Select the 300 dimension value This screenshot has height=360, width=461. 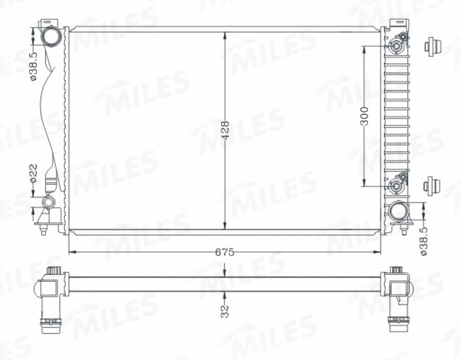click(365, 115)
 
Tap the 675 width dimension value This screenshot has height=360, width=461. click(225, 252)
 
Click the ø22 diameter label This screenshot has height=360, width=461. click(34, 172)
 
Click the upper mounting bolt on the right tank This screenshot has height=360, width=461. click(396, 46)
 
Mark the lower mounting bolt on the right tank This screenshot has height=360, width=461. click(396, 187)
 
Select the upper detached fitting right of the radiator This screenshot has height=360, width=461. click(434, 46)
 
